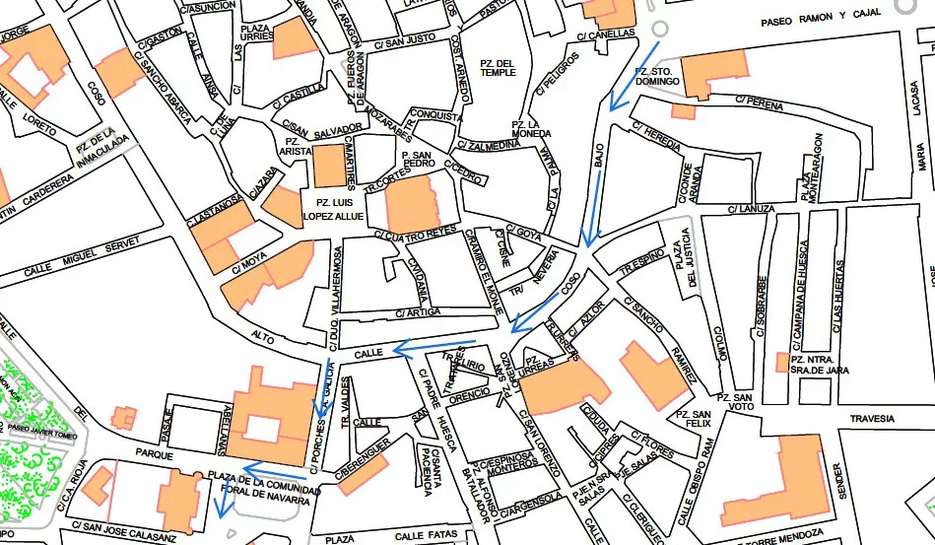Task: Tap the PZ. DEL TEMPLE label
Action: click(x=498, y=67)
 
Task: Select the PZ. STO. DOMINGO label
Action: click(x=654, y=77)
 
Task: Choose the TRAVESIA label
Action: click(x=872, y=417)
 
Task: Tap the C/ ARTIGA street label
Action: click(x=418, y=312)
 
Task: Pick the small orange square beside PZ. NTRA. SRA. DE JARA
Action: click(x=781, y=363)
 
